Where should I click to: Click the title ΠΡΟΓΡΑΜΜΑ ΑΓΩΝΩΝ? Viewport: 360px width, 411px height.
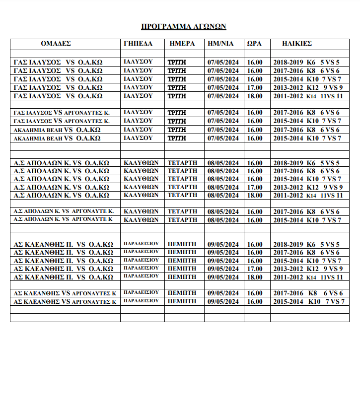click(x=184, y=26)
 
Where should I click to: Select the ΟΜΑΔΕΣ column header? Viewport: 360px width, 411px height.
click(x=56, y=44)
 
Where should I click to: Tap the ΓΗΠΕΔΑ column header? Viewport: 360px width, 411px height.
click(x=138, y=44)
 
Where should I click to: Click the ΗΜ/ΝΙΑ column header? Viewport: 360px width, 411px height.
click(x=220, y=44)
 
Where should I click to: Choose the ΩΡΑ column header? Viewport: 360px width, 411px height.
click(x=254, y=44)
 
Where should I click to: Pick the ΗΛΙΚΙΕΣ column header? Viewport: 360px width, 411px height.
click(x=297, y=44)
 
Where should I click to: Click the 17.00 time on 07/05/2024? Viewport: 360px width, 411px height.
click(x=255, y=88)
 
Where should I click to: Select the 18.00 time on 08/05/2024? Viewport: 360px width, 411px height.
click(x=255, y=196)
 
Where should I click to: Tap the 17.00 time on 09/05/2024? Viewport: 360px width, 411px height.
click(x=255, y=269)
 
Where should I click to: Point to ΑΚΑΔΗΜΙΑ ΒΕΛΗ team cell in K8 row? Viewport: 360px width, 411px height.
click(x=57, y=130)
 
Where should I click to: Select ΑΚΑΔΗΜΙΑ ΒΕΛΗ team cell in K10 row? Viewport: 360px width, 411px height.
click(x=57, y=138)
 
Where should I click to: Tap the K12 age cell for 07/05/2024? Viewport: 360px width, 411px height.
click(x=308, y=88)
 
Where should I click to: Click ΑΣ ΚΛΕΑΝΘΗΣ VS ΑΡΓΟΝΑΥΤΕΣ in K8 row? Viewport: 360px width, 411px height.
click(x=65, y=293)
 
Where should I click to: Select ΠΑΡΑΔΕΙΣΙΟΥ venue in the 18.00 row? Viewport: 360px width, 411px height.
click(x=141, y=276)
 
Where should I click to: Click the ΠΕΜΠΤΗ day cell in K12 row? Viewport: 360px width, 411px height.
click(x=182, y=269)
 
